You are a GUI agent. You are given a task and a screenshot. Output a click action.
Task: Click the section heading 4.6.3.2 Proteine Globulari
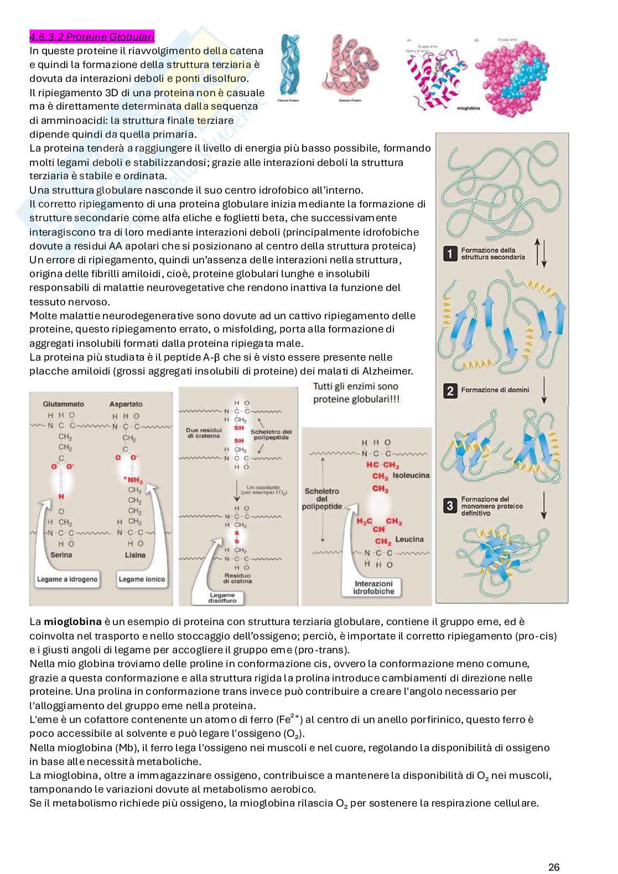coord(92,37)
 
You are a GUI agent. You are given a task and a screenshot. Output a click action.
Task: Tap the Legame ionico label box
coord(142,580)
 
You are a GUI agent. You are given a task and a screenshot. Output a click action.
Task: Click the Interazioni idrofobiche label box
coord(373,587)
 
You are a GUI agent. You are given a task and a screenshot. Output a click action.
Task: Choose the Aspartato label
coord(126,404)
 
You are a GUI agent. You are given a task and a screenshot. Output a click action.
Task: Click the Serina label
coord(61,555)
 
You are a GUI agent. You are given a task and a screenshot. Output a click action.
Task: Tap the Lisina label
coord(135,555)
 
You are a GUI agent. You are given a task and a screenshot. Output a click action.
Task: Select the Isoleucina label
coord(411,476)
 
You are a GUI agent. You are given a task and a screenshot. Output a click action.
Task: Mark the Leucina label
coord(410,539)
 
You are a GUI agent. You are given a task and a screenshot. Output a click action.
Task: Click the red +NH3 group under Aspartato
coord(133,480)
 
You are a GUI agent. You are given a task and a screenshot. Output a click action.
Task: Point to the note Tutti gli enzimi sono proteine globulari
coord(356,392)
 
